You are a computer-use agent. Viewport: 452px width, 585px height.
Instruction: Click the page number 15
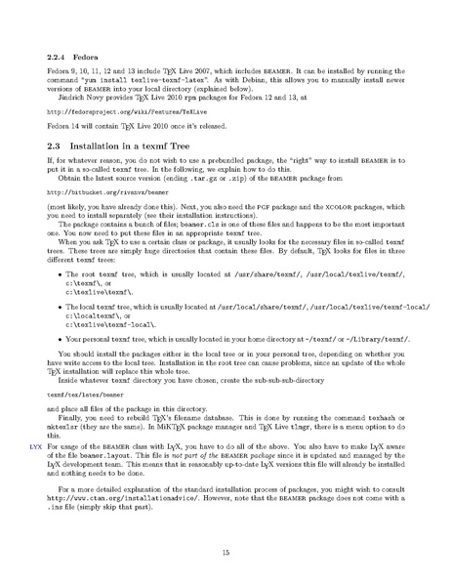226,553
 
